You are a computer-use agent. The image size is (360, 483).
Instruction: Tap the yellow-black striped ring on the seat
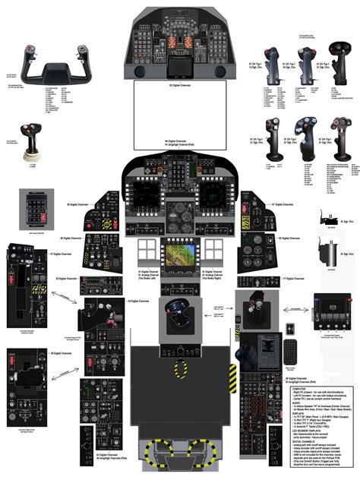[x=180, y=370]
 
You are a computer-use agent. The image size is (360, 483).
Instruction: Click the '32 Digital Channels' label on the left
[x=66, y=279]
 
